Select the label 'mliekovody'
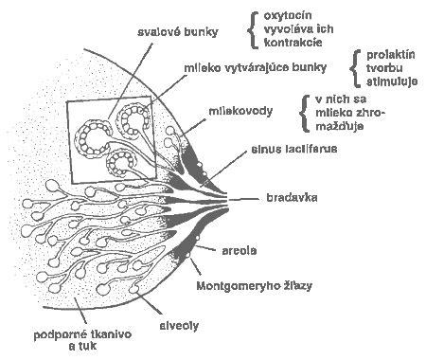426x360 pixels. [240, 110]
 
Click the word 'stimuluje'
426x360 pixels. [389, 82]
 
